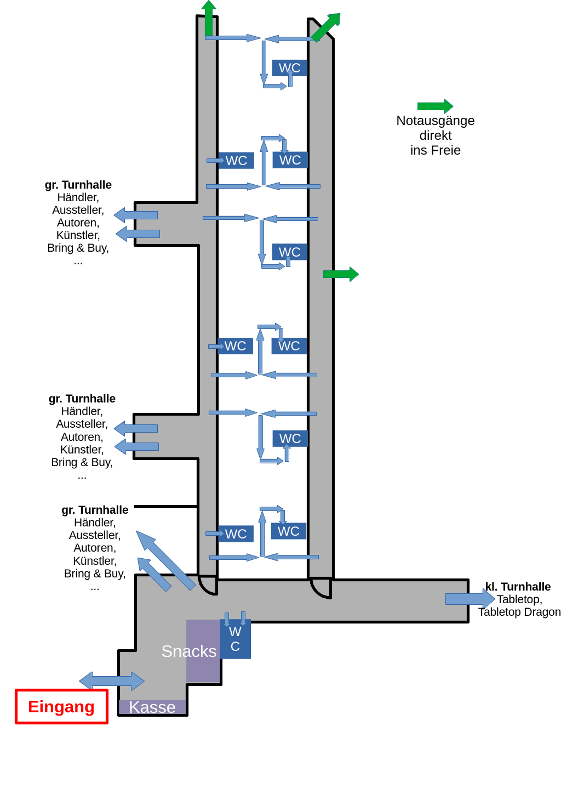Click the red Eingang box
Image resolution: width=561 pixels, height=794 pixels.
point(61,706)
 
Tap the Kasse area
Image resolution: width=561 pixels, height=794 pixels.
point(152,707)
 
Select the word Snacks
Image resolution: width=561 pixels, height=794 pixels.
point(189,651)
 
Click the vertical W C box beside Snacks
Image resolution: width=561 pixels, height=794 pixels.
point(235,639)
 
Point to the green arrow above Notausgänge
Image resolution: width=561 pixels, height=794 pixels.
point(435,106)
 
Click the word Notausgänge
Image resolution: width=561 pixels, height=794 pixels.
point(436,121)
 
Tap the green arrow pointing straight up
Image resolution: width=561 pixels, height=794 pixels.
point(209,18)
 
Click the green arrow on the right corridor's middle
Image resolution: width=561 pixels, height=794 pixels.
point(341,274)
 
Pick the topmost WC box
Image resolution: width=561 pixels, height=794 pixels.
point(289,67)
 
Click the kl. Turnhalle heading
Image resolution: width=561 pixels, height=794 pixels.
point(518,587)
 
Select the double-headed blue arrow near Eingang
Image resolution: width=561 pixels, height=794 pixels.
point(112,681)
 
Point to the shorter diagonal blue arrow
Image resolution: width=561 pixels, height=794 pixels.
point(153,574)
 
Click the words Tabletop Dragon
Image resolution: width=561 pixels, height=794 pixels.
point(519,612)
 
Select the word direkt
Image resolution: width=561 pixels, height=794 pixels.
point(436,135)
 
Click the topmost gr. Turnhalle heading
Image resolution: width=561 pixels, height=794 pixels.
point(78,185)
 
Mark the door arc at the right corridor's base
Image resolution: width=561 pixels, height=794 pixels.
point(321,588)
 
